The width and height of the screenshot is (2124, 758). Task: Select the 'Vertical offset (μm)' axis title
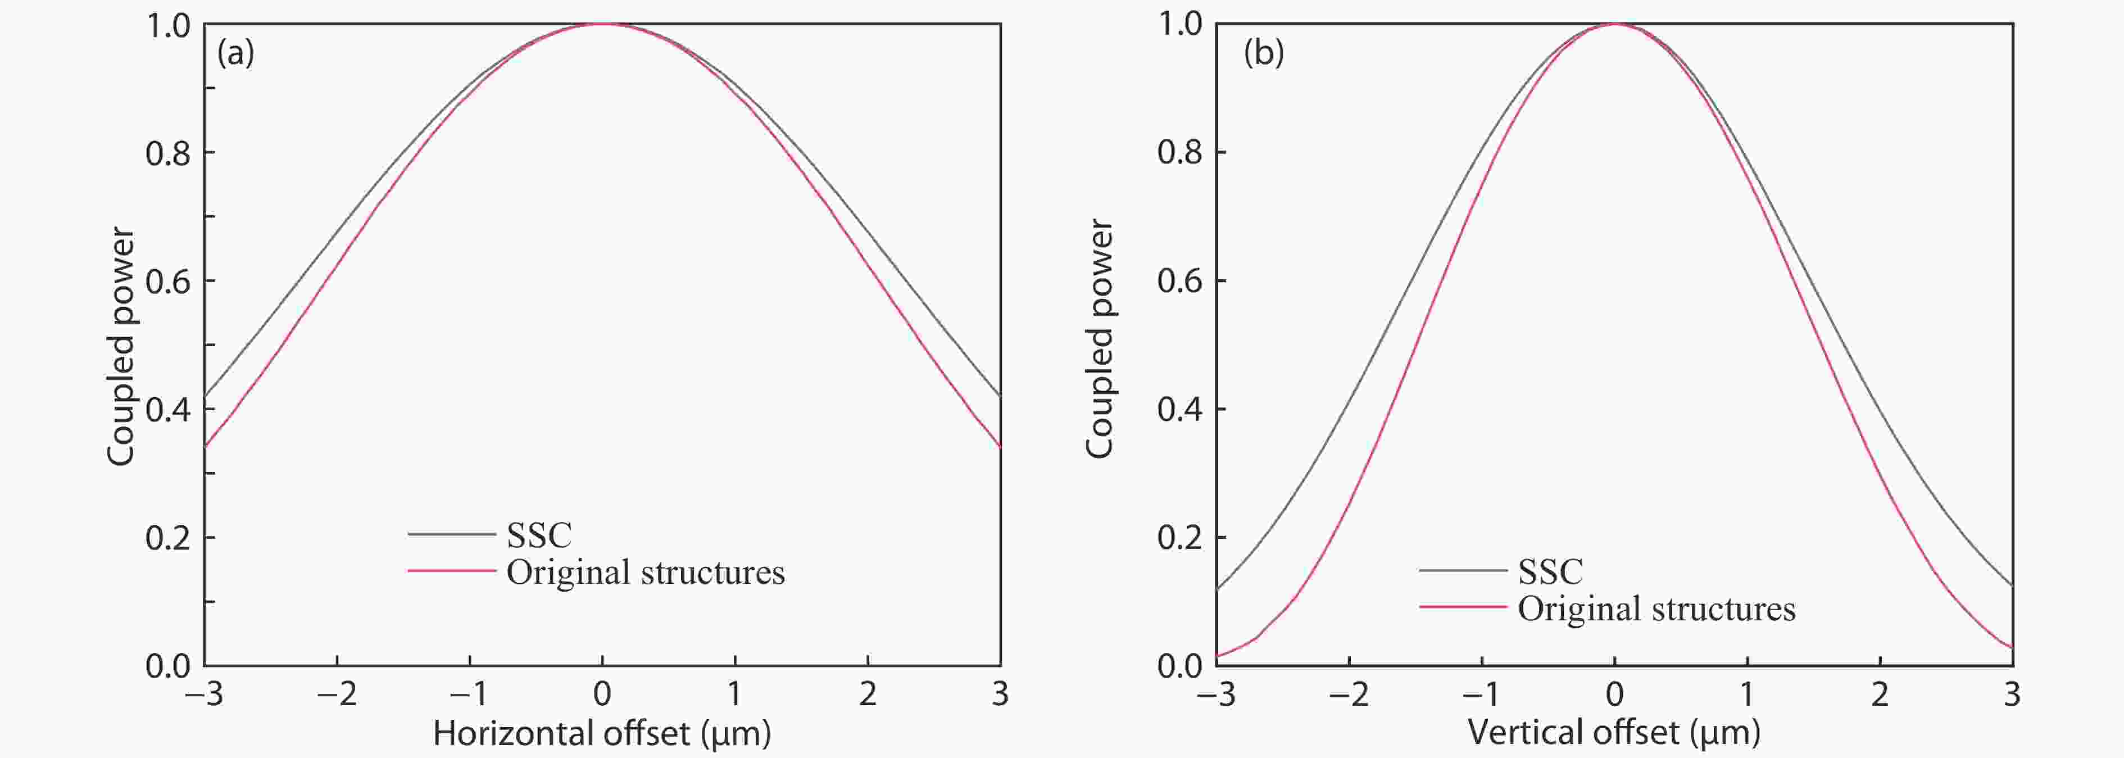click(x=1614, y=732)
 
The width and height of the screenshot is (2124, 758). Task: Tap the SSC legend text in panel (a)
click(x=538, y=535)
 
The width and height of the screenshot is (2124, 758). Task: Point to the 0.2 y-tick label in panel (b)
click(x=1180, y=538)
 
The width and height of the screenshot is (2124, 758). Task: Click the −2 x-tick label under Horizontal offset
click(x=337, y=695)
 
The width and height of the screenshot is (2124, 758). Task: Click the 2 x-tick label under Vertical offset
click(x=1879, y=695)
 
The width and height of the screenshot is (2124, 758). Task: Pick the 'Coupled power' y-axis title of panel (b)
click(x=1099, y=338)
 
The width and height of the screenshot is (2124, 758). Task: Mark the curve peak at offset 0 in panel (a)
click(x=602, y=24)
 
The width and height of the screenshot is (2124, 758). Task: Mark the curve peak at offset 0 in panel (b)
click(x=1614, y=24)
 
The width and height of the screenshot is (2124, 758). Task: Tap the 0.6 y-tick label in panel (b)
click(x=1180, y=282)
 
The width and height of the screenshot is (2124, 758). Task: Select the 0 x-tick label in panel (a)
click(x=602, y=695)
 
